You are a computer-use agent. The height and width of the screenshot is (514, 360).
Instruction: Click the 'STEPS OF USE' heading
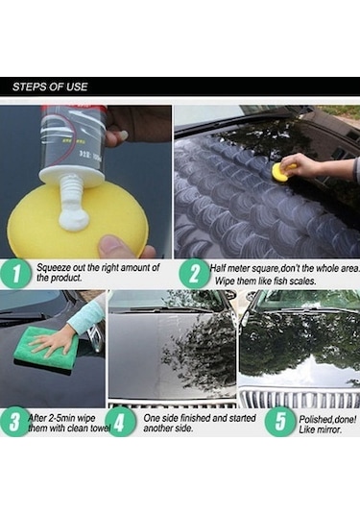pos(50,86)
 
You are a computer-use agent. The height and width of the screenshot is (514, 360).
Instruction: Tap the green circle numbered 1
pos(15,273)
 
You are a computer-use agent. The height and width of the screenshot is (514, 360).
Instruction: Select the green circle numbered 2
pos(194,274)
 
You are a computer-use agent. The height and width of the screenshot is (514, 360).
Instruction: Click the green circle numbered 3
pos(15,422)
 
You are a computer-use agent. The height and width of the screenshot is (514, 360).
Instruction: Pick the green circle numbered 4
pos(120,422)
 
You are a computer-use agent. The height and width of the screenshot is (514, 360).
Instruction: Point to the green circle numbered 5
pos(279,422)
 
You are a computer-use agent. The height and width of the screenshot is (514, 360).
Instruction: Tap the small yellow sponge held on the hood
pos(282,170)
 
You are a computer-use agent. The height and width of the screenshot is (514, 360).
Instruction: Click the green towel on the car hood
pos(45,348)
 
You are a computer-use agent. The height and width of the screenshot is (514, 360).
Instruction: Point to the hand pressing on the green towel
pos(53,344)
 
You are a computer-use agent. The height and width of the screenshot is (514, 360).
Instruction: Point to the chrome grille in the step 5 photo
pos(300,398)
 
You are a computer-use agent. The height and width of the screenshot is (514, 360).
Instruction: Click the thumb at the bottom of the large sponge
pos(113,247)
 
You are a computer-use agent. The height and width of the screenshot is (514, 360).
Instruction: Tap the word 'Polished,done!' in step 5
pos(327,419)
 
